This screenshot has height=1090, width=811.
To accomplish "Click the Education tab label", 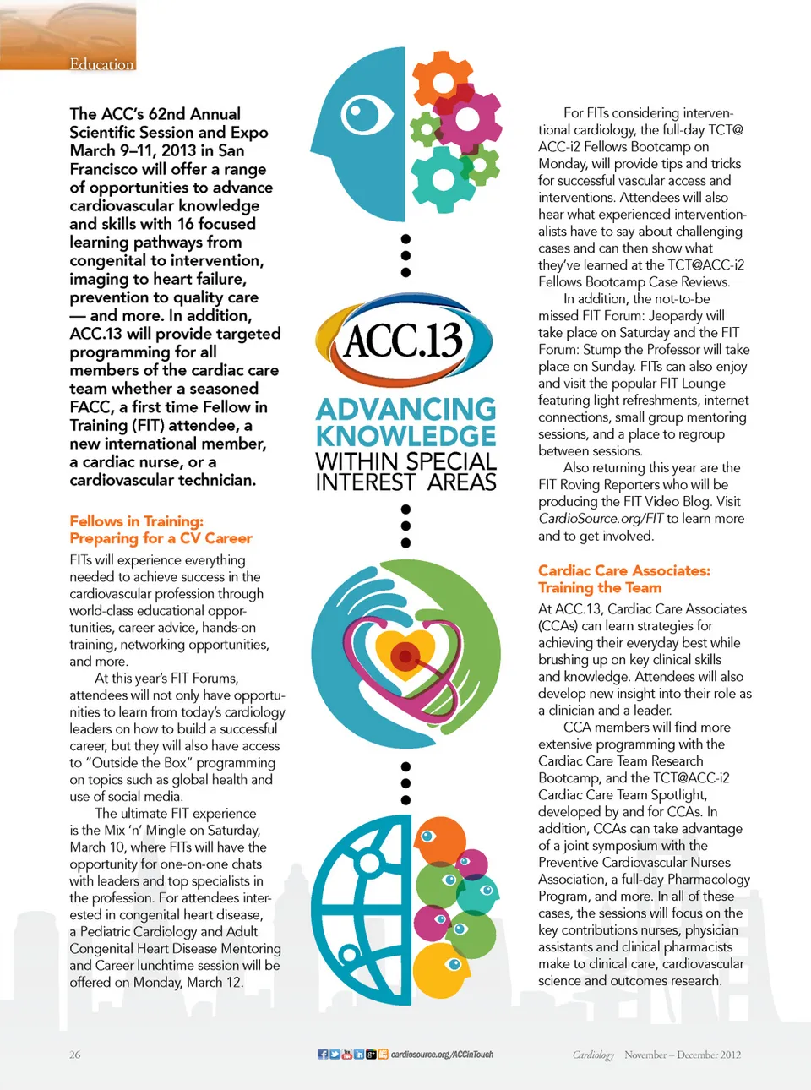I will pyautogui.click(x=101, y=64).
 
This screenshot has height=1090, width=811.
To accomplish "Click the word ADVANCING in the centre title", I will pyautogui.click(x=406, y=410).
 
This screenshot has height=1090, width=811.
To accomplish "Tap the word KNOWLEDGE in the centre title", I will pyautogui.click(x=406, y=436).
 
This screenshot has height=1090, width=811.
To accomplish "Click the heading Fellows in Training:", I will pyautogui.click(x=136, y=521).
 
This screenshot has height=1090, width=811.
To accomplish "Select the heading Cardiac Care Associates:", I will pyautogui.click(x=624, y=570).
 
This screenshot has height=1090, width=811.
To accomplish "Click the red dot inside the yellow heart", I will pyautogui.click(x=405, y=656).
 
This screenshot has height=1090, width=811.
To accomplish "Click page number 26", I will pyautogui.click(x=75, y=1055).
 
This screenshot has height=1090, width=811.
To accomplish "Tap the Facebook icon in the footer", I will pyautogui.click(x=323, y=1055).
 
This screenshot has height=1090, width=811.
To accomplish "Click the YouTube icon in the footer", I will pyautogui.click(x=346, y=1055).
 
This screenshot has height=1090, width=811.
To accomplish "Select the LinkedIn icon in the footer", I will pyautogui.click(x=359, y=1055).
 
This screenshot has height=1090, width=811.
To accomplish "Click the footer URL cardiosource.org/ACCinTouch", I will pyautogui.click(x=442, y=1055).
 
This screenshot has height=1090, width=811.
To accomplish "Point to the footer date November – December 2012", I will pyautogui.click(x=683, y=1055).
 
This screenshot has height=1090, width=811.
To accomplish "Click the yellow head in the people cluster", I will pyautogui.click(x=442, y=970).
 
